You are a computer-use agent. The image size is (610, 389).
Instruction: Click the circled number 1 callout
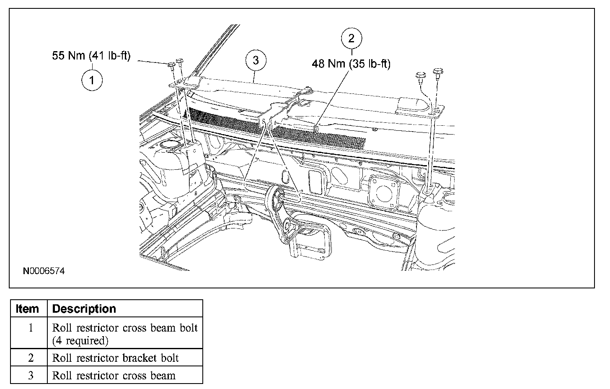pyautogui.click(x=92, y=80)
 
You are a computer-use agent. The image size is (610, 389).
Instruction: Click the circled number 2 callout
pyautogui.click(x=351, y=39)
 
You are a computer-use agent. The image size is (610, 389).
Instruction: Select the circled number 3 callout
pyautogui.click(x=256, y=60)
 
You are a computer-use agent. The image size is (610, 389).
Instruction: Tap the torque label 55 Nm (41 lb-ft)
pyautogui.click(x=91, y=56)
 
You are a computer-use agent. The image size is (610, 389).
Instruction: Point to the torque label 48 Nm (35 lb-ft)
pyautogui.click(x=351, y=64)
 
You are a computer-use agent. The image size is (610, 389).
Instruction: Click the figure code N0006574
pyautogui.click(x=44, y=271)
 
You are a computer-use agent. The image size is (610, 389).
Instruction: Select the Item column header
pyautogui.click(x=28, y=309)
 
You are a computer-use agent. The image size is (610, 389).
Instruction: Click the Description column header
pyautogui.click(x=84, y=309)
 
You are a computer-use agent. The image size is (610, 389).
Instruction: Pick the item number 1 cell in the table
pyautogui.click(x=30, y=328)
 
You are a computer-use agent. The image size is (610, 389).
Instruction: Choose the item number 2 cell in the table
pyautogui.click(x=30, y=358)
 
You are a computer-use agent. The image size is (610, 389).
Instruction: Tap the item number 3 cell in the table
pyautogui.click(x=30, y=375)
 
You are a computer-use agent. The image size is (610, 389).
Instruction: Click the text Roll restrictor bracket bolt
pyautogui.click(x=115, y=358)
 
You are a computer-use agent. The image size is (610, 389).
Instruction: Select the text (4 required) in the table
pyautogui.click(x=80, y=341)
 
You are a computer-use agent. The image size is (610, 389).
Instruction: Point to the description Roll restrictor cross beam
pyautogui.click(x=114, y=375)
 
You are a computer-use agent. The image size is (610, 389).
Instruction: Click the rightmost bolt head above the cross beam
pyautogui.click(x=438, y=71)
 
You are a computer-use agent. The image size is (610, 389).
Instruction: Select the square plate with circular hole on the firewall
pyautogui.click(x=383, y=191)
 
